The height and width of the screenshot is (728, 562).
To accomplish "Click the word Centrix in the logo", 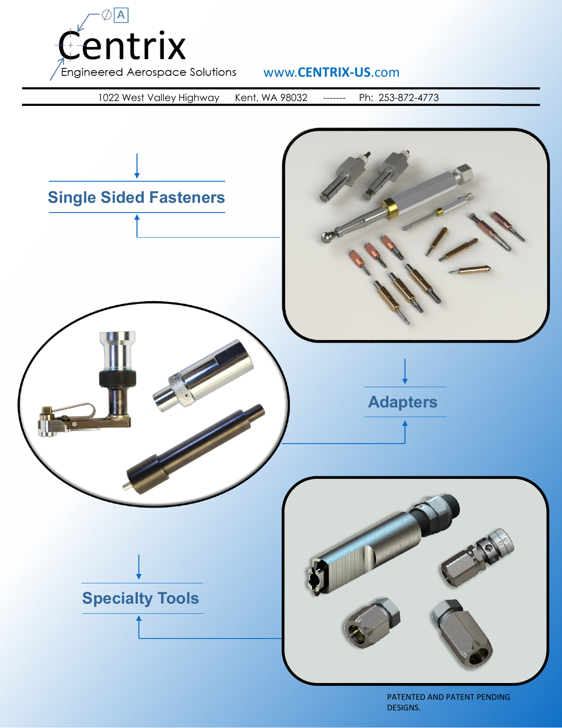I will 122,46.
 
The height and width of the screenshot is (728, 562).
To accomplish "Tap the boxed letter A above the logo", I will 121,15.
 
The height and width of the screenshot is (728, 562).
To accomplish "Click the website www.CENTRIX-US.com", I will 331,72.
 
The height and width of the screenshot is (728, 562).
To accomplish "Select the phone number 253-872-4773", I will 408,98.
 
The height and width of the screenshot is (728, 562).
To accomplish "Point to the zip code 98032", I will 294,98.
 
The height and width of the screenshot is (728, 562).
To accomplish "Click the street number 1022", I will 108,98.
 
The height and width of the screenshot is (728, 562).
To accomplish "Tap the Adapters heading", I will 403,402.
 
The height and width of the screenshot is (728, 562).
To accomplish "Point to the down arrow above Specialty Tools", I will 139,567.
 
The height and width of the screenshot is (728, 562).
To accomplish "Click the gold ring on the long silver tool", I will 390,209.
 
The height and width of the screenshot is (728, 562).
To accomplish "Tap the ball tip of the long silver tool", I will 328,238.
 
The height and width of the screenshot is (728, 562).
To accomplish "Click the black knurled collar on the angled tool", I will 117,379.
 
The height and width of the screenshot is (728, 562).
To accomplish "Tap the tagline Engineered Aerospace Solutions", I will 149,72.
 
